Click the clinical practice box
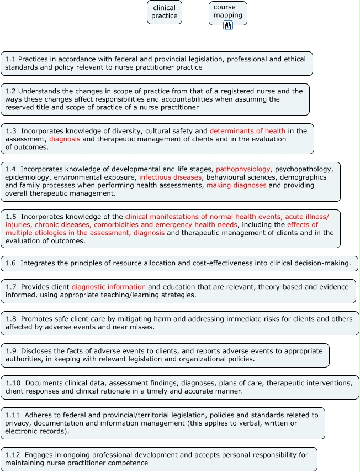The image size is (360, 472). [165, 12]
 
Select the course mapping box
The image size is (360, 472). [227, 12]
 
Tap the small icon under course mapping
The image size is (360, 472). [228, 25]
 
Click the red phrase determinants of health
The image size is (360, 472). [247, 131]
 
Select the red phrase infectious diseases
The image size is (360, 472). [171, 177]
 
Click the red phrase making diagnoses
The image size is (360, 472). [236, 186]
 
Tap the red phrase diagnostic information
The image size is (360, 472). [109, 287]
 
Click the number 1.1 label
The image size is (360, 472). [10, 59]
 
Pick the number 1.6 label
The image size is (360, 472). [10, 263]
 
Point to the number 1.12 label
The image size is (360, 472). [13, 455]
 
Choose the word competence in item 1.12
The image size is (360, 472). [130, 463]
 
